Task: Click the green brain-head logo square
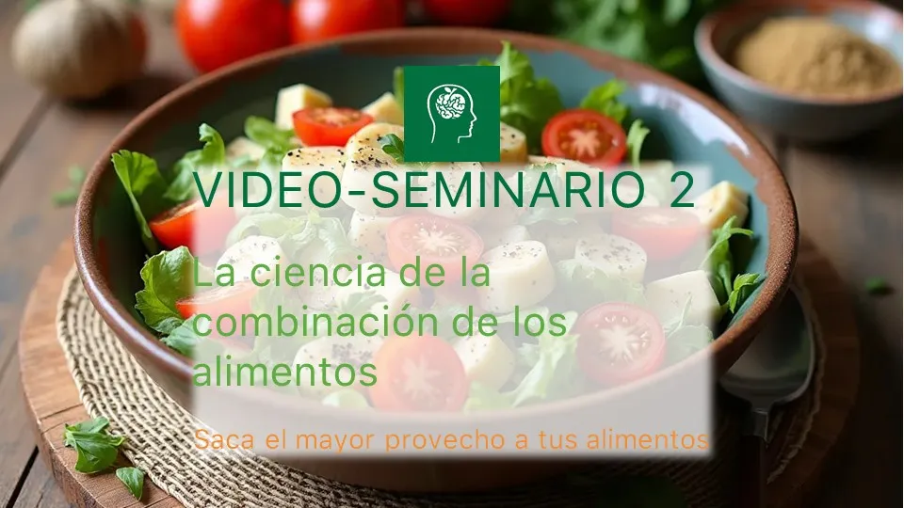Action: pyautogui.click(x=451, y=114)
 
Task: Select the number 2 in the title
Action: pyautogui.click(x=682, y=189)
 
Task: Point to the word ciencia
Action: pyautogui.click(x=319, y=273)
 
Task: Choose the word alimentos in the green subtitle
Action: pyautogui.click(x=284, y=372)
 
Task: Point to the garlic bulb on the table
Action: pyautogui.click(x=78, y=48)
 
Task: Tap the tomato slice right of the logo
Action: pyautogui.click(x=584, y=138)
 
